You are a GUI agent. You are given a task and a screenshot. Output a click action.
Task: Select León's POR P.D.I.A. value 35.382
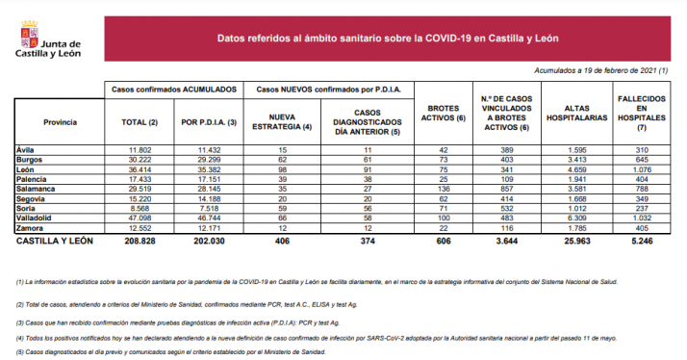[x=210, y=169]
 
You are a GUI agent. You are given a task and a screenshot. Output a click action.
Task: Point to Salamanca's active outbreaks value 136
[x=445, y=190]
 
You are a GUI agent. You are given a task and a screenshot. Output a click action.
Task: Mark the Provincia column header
[x=59, y=122]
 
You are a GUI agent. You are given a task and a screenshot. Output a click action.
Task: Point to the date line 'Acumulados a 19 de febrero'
[x=601, y=71]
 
